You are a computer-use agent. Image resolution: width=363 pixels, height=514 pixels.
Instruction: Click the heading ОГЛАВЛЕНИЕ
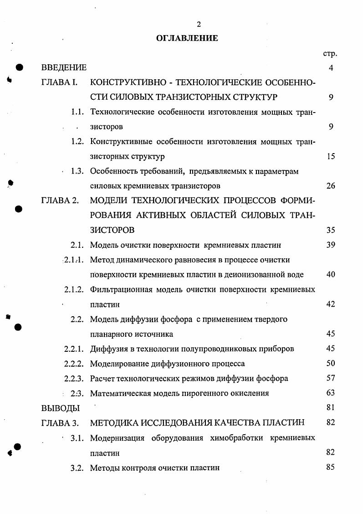tap(187, 38)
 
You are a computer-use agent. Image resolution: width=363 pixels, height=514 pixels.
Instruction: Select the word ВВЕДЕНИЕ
tap(64, 68)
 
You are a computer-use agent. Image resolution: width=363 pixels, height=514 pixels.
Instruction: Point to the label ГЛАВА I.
tap(60, 83)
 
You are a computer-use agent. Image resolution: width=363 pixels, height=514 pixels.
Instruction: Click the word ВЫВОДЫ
tap(61, 408)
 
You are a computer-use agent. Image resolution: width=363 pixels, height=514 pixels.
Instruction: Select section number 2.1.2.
tap(73, 289)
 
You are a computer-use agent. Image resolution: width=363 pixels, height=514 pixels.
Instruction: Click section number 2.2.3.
tap(73, 378)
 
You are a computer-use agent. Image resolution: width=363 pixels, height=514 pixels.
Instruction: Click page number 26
tap(331, 186)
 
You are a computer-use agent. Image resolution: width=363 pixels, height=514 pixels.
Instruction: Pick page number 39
tap(331, 245)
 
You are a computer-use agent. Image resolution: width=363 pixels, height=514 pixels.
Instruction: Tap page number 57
tap(331, 378)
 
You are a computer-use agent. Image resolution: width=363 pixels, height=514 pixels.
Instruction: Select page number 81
tap(331, 408)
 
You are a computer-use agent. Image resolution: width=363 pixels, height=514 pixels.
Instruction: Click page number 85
tap(331, 467)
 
